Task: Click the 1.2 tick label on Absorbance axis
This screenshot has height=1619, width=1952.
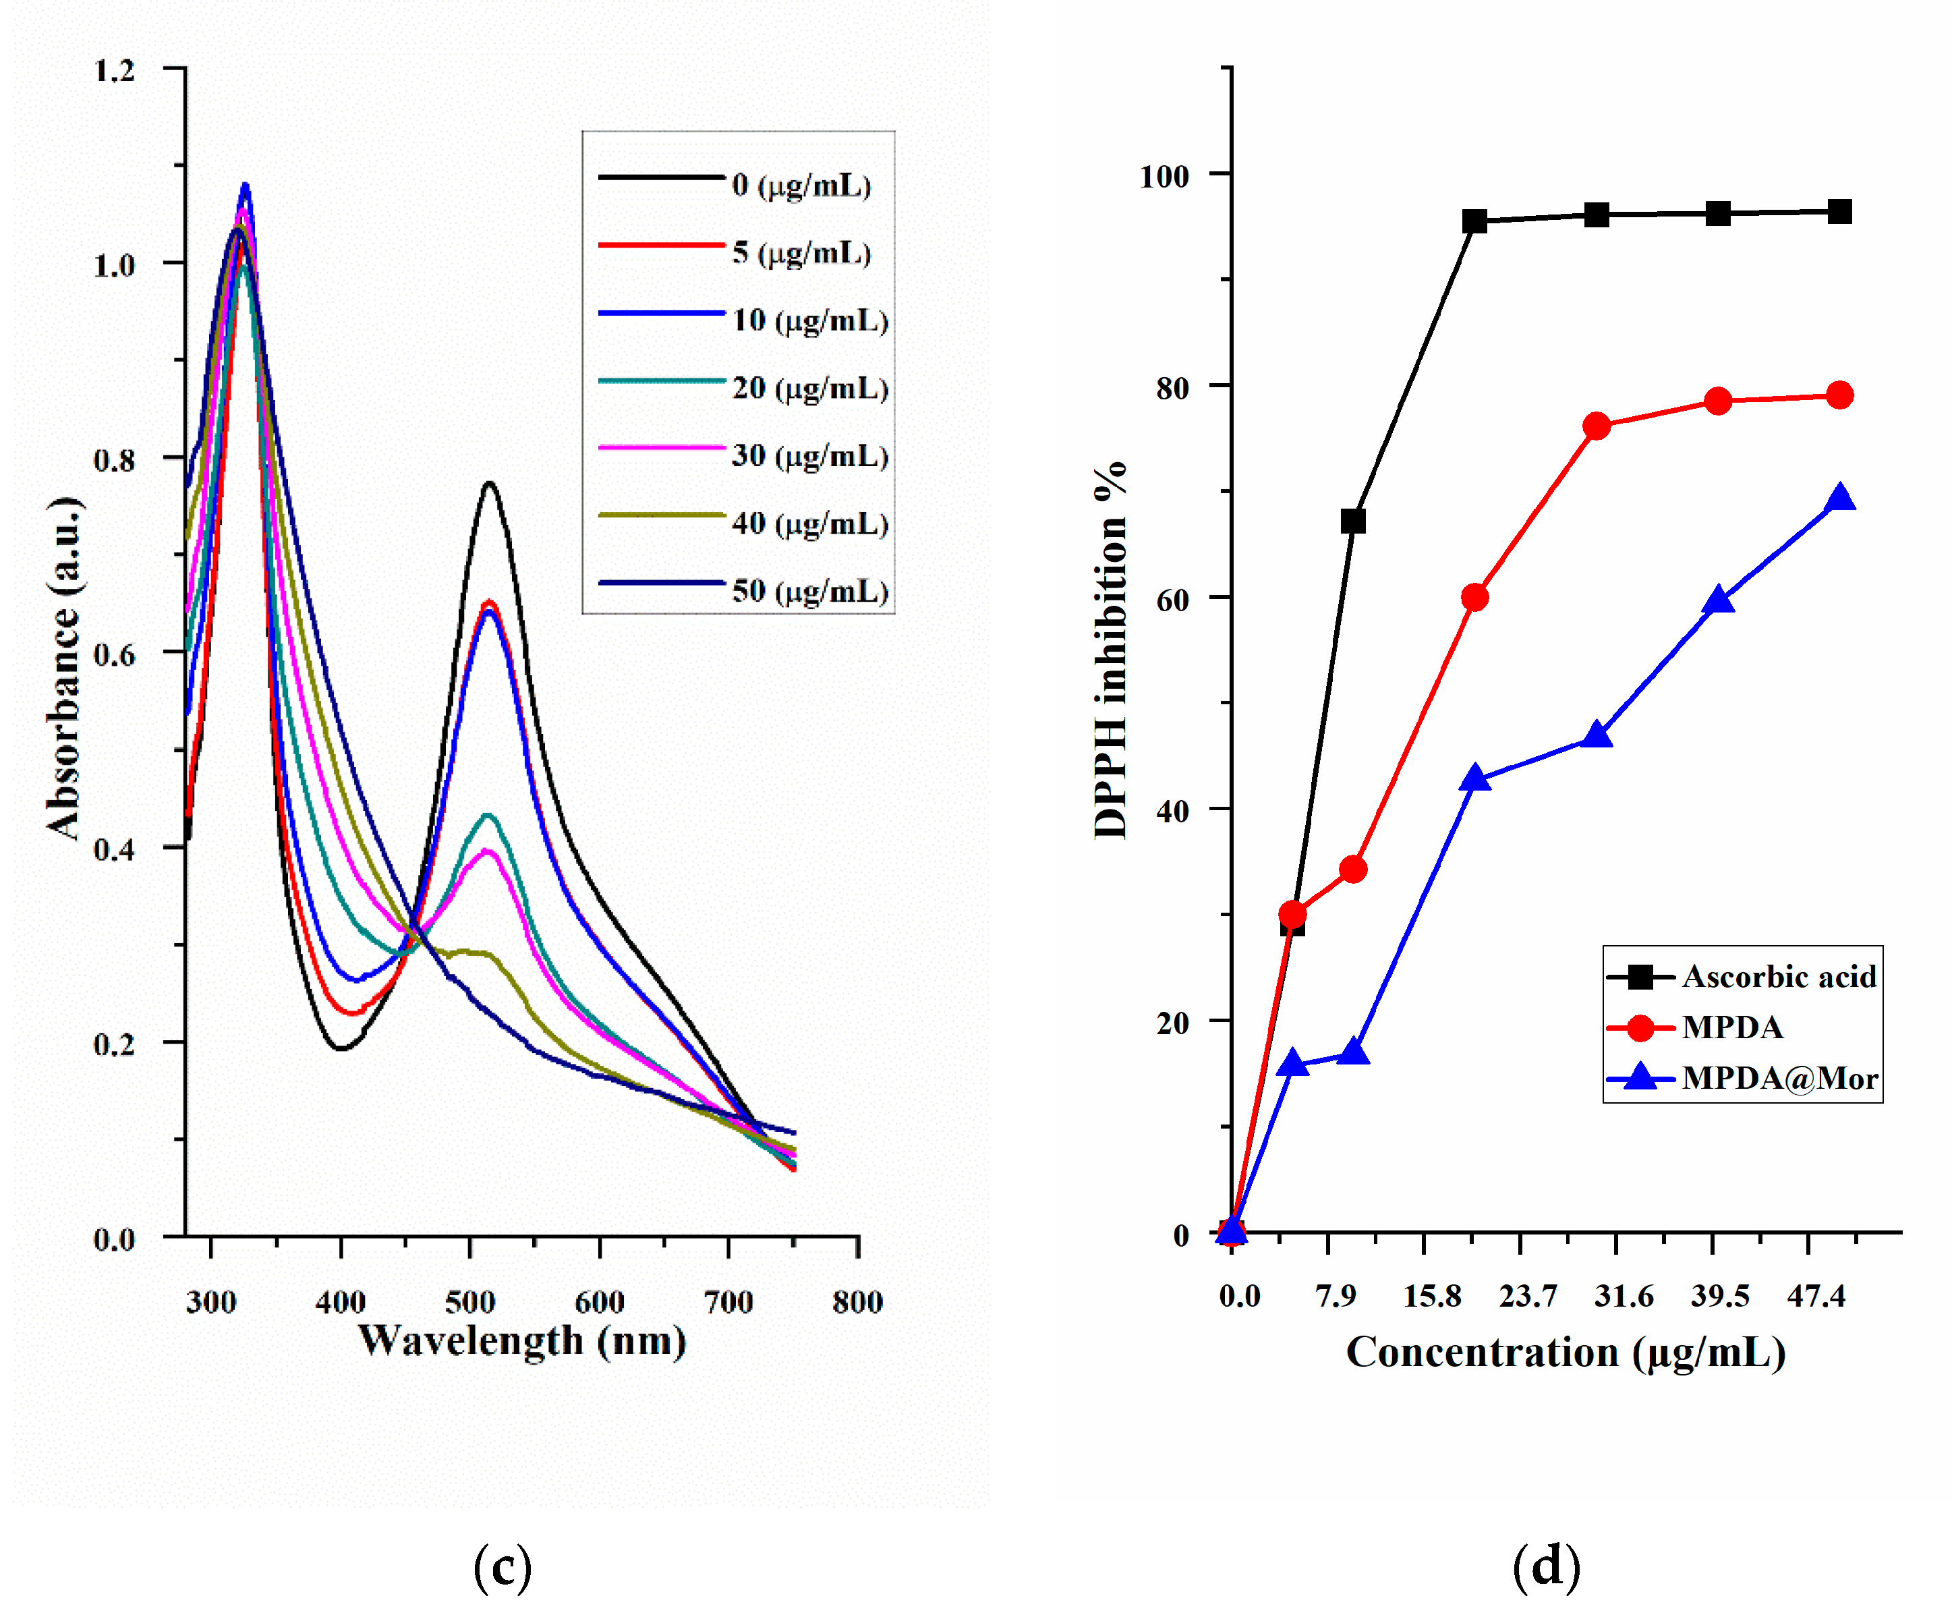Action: (x=115, y=71)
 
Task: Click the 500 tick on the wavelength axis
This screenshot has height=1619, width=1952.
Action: (x=469, y=1302)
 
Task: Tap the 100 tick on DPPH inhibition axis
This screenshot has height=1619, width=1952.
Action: (x=1164, y=175)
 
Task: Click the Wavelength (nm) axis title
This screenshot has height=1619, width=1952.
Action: (x=521, y=1341)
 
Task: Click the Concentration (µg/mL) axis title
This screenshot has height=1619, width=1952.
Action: (x=1566, y=1353)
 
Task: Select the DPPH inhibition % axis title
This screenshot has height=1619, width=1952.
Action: (x=1110, y=650)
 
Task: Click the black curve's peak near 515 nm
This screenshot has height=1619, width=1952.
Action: (x=489, y=483)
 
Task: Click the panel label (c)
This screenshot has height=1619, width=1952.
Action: (x=502, y=1565)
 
